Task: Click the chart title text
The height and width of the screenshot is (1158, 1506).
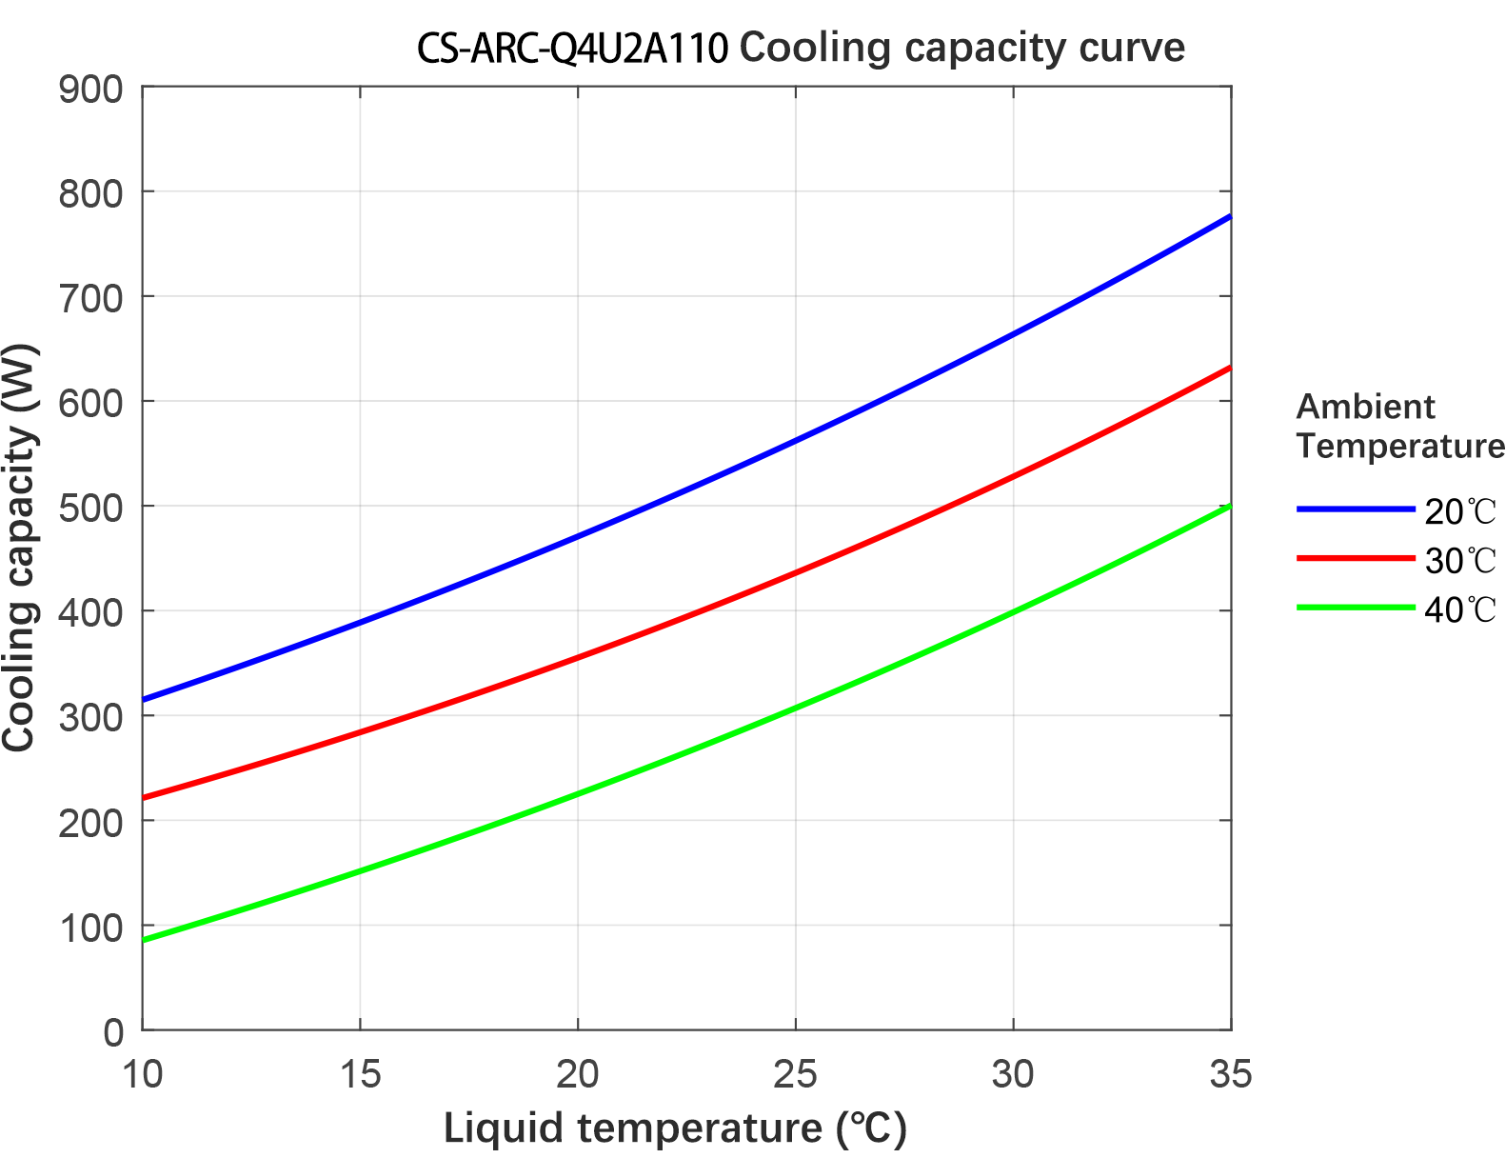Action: click(801, 48)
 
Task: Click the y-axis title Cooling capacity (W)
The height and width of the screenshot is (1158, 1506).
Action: click(19, 549)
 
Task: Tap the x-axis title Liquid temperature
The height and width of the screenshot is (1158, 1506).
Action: click(675, 1128)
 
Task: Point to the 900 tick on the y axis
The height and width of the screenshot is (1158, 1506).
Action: click(91, 90)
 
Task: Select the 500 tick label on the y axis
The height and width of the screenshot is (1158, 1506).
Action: click(91, 508)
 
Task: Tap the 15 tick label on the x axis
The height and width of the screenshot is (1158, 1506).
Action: click(360, 1075)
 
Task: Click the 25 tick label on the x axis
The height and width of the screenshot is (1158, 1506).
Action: click(795, 1075)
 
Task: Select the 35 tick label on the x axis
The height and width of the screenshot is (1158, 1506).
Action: click(1230, 1075)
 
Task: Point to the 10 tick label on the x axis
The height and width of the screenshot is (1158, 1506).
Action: click(143, 1075)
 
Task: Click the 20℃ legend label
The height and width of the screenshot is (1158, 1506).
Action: click(1459, 512)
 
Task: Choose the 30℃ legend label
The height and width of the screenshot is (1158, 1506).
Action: click(1459, 561)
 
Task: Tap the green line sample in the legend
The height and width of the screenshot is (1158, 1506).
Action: click(1355, 608)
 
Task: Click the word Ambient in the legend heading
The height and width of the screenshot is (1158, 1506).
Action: click(1364, 408)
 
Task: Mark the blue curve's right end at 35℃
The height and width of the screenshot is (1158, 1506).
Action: click(1229, 218)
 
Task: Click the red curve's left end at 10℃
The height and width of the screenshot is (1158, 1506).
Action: click(145, 797)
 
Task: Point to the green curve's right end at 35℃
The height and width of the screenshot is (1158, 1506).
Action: click(1229, 507)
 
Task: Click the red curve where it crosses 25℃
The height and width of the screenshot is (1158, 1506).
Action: click(795, 573)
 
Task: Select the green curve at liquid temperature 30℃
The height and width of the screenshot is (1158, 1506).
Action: click(1013, 611)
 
